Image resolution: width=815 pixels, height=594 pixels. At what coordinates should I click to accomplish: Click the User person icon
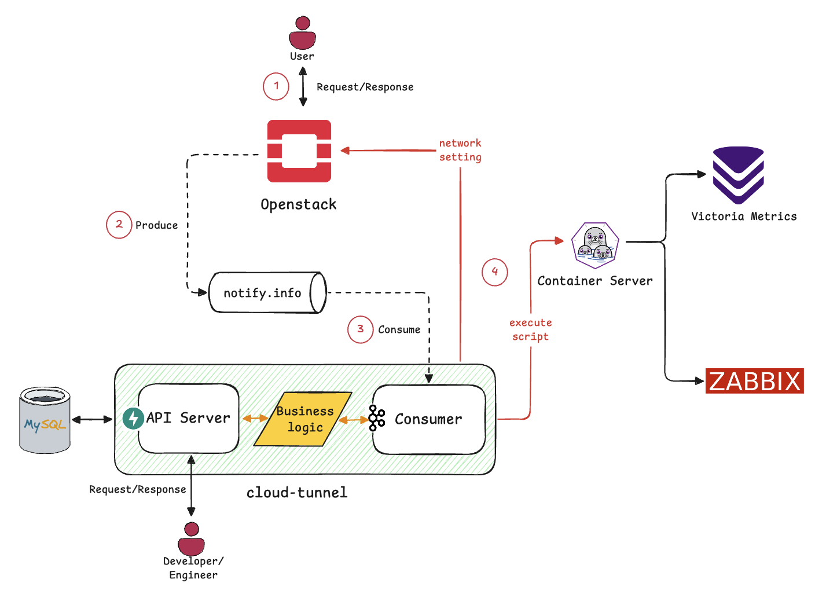tap(302, 33)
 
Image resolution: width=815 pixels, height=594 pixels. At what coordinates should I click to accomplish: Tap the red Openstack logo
tap(299, 151)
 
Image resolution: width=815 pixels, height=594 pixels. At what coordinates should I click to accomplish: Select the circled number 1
tap(276, 86)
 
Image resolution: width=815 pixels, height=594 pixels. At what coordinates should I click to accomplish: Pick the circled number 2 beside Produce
tap(119, 225)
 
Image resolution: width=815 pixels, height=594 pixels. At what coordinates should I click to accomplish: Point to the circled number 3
tap(360, 329)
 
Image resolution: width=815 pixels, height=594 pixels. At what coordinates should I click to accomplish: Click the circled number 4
tap(494, 272)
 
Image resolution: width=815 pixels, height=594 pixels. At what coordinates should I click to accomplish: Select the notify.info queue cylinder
tap(267, 293)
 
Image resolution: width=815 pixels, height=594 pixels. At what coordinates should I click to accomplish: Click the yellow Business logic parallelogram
tap(303, 419)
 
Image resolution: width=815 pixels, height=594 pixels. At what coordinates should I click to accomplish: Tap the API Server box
tap(189, 418)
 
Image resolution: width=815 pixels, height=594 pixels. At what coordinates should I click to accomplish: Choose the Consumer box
tap(429, 419)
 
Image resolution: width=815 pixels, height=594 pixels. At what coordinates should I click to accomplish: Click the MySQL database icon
tap(45, 421)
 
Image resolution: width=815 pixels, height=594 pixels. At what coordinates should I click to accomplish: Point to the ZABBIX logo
tap(754, 381)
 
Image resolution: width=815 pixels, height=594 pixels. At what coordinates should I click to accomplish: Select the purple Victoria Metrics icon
tap(738, 175)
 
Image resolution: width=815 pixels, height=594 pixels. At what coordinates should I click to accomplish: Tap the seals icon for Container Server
tap(595, 245)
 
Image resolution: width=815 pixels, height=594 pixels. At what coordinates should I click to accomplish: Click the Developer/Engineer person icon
tap(192, 539)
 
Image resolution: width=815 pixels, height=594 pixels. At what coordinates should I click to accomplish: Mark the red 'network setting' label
tap(460, 150)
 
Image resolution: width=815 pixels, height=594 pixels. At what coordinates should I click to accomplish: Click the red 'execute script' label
tap(530, 329)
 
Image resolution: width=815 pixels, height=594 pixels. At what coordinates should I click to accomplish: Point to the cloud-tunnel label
tap(297, 493)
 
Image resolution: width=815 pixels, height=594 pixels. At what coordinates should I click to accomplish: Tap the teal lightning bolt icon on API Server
tap(133, 418)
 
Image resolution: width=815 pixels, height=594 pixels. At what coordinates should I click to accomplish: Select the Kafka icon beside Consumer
tap(377, 418)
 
